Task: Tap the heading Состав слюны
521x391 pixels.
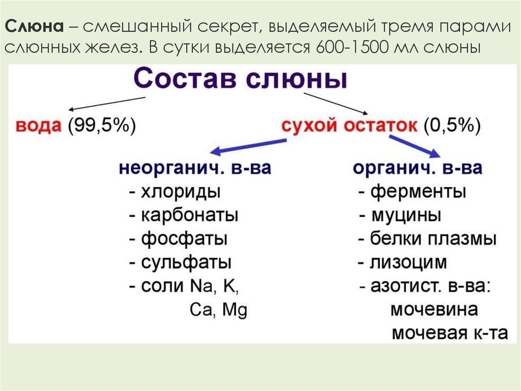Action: [240, 79]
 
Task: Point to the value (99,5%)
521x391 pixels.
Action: [102, 126]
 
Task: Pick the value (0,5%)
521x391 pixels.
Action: [452, 126]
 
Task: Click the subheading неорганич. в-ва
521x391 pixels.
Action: [195, 168]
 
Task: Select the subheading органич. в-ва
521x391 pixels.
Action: [417, 168]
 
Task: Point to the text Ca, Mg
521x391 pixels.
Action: [219, 310]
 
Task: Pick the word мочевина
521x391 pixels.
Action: [435, 309]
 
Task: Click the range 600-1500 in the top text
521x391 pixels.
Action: [352, 47]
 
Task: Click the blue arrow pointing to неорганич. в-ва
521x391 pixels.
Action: [248, 147]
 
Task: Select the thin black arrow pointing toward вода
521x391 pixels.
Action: [107, 103]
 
